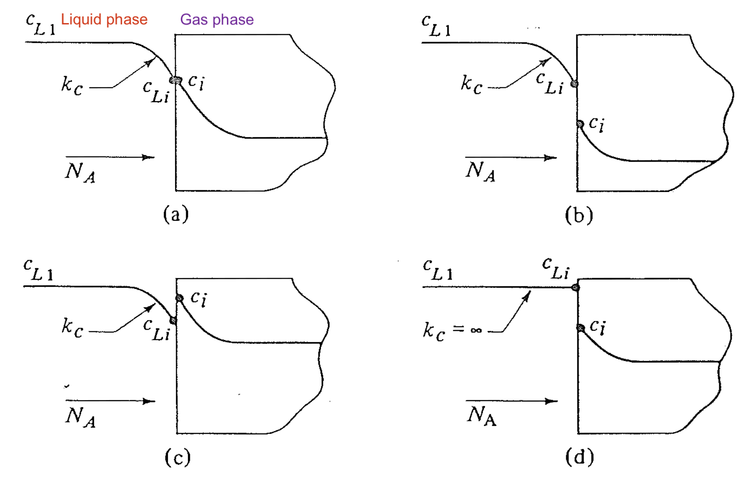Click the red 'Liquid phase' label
104,20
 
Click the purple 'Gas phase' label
217,20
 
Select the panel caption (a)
176,214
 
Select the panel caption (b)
579,215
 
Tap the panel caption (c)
177,457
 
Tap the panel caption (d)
580,456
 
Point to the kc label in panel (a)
72,85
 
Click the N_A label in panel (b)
480,171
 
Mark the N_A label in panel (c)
80,417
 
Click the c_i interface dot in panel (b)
580,124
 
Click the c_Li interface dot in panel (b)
574,83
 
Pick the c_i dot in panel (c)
179,298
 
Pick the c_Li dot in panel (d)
576,287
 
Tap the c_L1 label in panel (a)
40,25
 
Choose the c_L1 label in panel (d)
437,270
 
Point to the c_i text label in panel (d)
597,327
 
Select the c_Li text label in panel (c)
156,330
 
